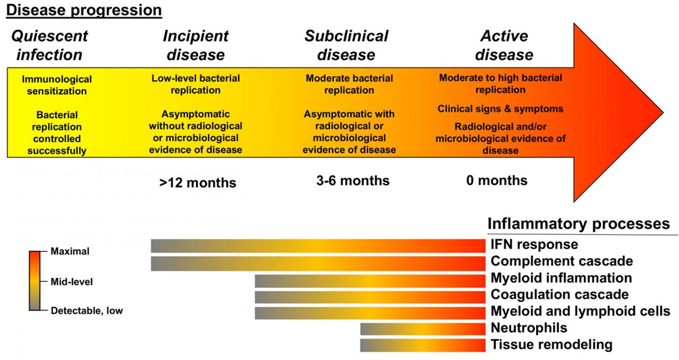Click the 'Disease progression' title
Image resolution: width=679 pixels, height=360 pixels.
84,10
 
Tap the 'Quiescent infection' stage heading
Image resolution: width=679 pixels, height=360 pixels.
50,45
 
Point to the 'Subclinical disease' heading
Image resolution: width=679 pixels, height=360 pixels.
346,45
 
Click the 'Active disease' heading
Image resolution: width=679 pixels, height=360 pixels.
504,45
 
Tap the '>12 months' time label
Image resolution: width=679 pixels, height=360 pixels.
197,183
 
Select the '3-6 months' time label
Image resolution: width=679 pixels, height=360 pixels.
353,181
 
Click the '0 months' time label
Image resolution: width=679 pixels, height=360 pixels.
497,181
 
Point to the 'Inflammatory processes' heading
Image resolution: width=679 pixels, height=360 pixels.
579,224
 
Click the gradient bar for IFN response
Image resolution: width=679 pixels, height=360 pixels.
318,246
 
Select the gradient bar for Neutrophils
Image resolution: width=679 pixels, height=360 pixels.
422,328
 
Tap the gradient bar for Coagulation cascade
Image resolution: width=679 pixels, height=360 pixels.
370,297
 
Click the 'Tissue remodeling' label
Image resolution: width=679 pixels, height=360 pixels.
551,345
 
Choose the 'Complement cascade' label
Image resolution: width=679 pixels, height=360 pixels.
562,261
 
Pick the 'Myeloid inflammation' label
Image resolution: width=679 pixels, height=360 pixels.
561,278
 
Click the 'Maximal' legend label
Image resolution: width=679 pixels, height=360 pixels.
70,252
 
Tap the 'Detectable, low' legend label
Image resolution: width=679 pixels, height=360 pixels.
86,311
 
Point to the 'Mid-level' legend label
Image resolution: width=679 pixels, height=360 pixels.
72,282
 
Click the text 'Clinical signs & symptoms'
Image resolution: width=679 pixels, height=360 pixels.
500,109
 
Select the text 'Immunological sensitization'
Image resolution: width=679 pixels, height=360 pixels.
57,85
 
